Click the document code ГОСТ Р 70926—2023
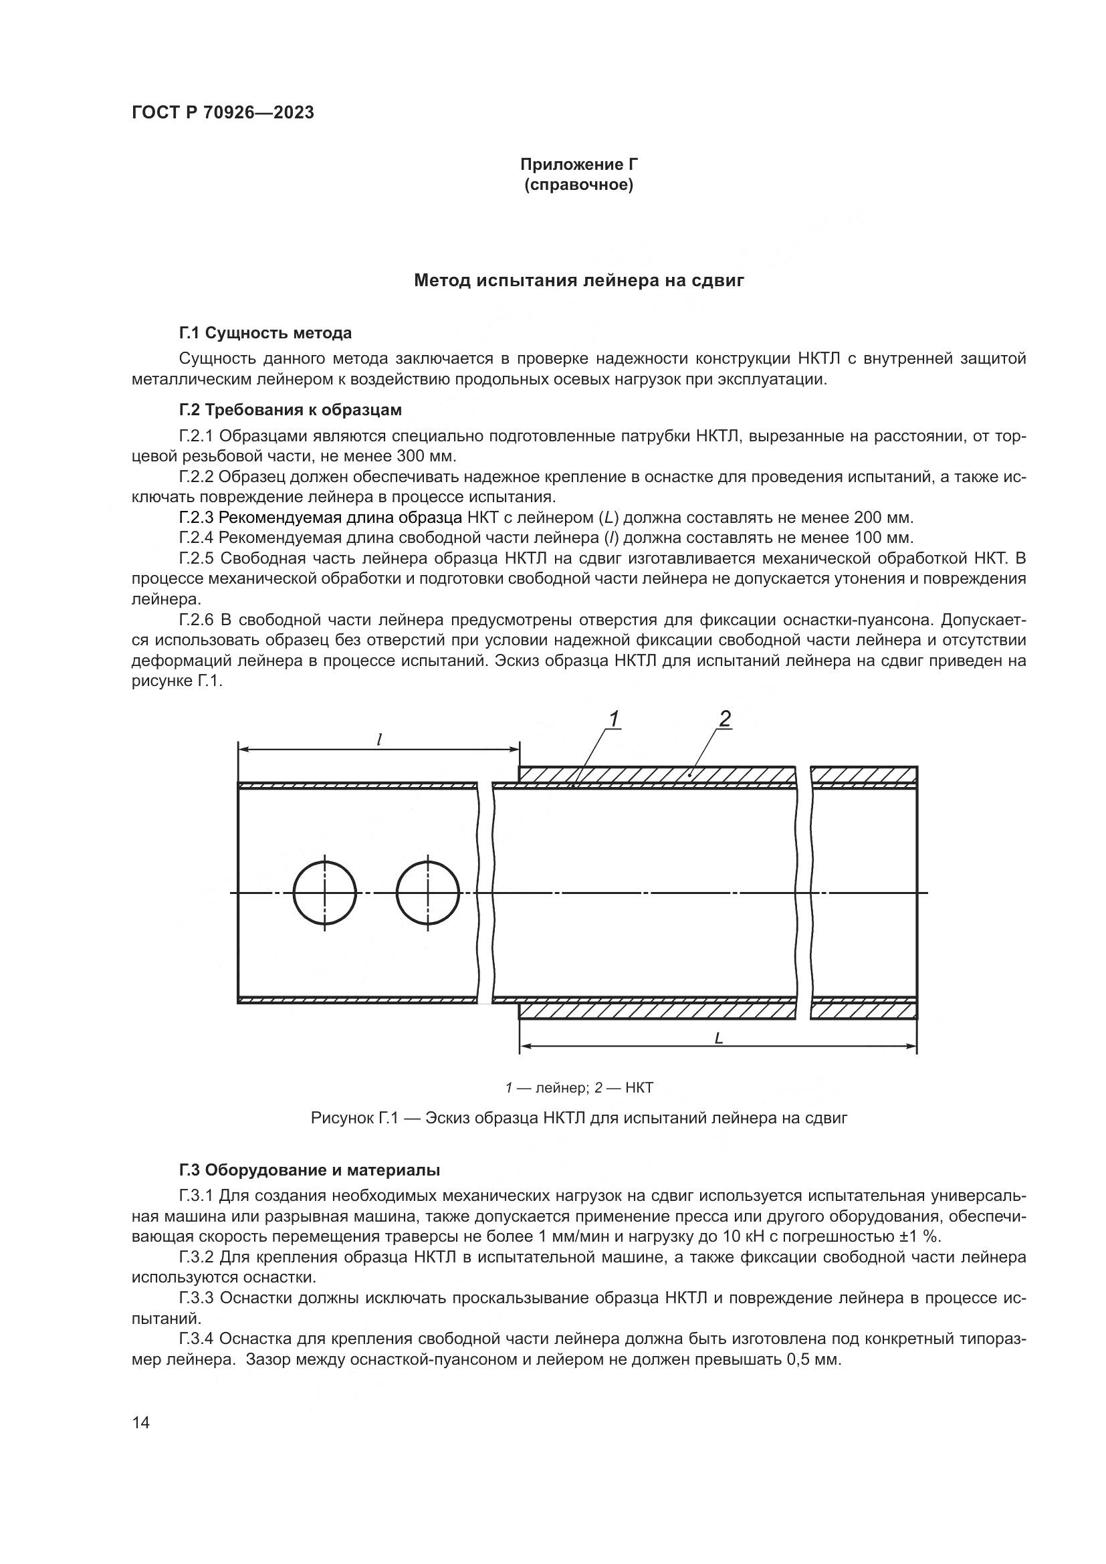[x=223, y=113]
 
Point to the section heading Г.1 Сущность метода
[x=265, y=333]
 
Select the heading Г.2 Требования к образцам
[x=290, y=410]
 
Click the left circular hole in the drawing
[x=325, y=893]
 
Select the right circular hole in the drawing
[x=428, y=893]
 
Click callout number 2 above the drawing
[x=725, y=719]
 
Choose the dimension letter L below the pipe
[x=718, y=1039]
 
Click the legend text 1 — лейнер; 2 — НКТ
[x=579, y=1088]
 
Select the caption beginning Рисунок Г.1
[x=579, y=1118]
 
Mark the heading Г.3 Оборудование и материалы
[x=309, y=1170]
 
